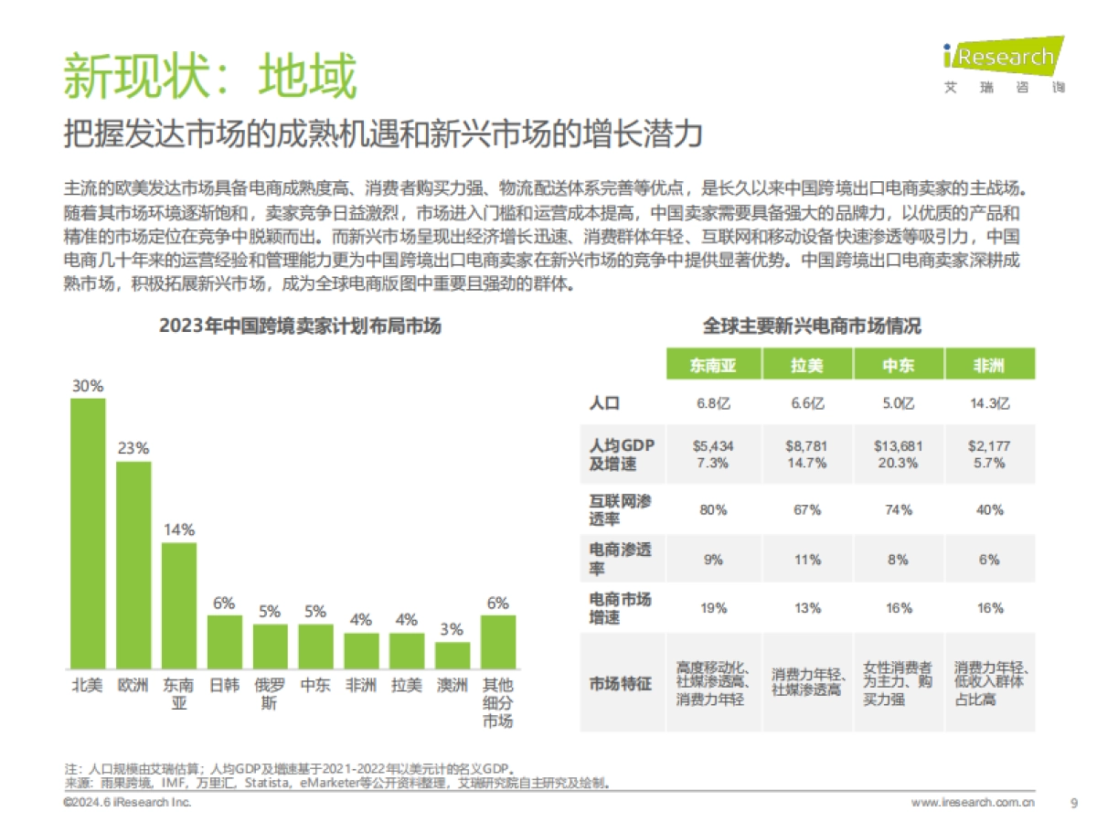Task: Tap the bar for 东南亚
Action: pos(178,605)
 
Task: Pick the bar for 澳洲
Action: pos(453,655)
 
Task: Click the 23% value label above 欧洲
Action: pos(133,449)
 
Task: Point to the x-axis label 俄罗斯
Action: pos(269,694)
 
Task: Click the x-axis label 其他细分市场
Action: pos(498,702)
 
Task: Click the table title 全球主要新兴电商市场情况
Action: pos(812,326)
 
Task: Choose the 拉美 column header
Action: pos(806,366)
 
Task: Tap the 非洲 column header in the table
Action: pos(989,366)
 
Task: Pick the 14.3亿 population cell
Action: pos(989,403)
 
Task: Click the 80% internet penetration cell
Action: pos(713,509)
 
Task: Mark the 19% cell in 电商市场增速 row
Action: pos(713,608)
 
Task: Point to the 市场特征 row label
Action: pos(621,682)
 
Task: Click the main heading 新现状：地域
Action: pos(209,76)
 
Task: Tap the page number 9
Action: pos(1073,803)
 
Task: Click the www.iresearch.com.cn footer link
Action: pos(973,803)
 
